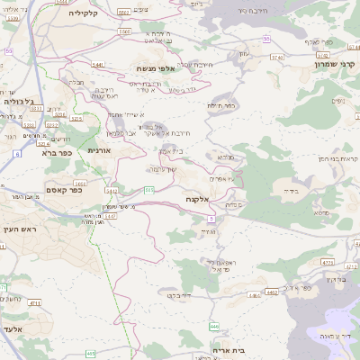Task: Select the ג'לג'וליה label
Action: pyautogui.click(x=19, y=101)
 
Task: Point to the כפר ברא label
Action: pyautogui.click(x=55, y=152)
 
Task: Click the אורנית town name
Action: pyautogui.click(x=98, y=151)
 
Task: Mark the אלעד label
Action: pyautogui.click(x=15, y=329)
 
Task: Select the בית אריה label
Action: pyautogui.click(x=229, y=349)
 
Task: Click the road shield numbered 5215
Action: pyautogui.click(x=76, y=118)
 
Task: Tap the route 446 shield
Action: pyautogui.click(x=213, y=325)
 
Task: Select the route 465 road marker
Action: pyautogui.click(x=91, y=353)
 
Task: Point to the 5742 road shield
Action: pyautogui.click(x=299, y=56)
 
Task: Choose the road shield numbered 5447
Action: pyautogui.click(x=97, y=65)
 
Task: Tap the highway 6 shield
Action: pyautogui.click(x=16, y=154)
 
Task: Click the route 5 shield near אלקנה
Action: pyautogui.click(x=211, y=219)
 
